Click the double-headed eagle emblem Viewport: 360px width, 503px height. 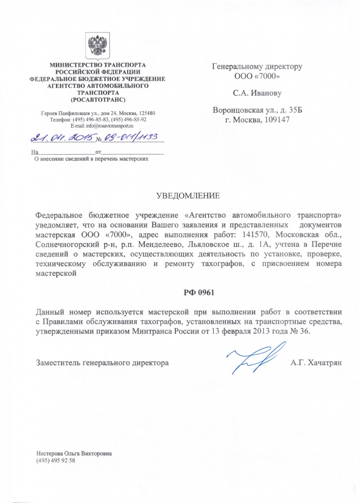click(98, 45)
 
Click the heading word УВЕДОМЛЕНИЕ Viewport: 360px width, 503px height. click(188, 196)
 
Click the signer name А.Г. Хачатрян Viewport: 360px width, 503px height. click(319, 363)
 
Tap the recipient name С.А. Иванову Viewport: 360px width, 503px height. click(257, 92)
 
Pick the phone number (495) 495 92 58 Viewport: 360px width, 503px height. click(55, 460)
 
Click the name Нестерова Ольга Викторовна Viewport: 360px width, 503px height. click(74, 453)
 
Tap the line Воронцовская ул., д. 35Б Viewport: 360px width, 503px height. click(257, 110)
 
